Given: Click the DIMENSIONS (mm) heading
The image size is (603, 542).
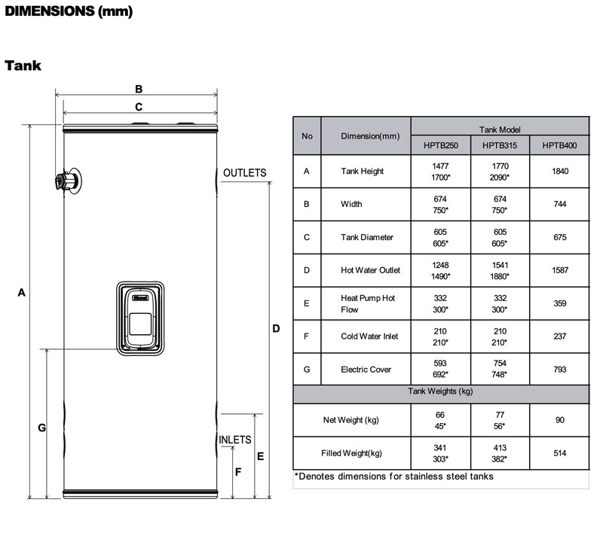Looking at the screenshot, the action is click(x=69, y=11).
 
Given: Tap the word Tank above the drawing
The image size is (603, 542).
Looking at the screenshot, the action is click(x=23, y=65).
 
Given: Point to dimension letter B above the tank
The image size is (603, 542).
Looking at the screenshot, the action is click(x=139, y=89).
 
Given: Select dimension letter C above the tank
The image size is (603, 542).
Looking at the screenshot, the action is click(x=139, y=107).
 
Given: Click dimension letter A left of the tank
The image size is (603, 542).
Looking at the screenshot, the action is click(x=22, y=293).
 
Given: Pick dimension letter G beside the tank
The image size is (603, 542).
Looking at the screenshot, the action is click(x=42, y=428).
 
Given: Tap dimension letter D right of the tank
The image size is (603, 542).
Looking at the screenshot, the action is click(x=276, y=328).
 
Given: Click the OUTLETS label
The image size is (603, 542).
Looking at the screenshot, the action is click(x=244, y=173).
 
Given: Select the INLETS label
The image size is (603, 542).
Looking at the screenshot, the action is click(x=234, y=440).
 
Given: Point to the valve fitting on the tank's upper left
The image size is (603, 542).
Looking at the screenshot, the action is click(x=68, y=181).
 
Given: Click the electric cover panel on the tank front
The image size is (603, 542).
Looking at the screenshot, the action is click(x=140, y=318).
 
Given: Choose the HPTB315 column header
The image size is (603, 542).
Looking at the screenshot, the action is click(x=500, y=145).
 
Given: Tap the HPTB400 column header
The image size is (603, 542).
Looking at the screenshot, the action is click(x=559, y=145).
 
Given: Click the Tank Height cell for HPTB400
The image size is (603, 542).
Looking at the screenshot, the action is click(x=560, y=172).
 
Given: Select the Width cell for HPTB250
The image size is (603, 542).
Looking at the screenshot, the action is click(x=440, y=204).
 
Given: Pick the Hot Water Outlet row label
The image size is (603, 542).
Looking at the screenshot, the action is click(x=370, y=270).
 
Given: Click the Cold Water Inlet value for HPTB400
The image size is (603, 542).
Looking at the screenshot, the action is click(x=560, y=336).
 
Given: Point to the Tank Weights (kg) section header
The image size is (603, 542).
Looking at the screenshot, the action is click(x=440, y=391).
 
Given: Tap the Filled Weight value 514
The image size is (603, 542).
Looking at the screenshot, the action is click(x=560, y=453).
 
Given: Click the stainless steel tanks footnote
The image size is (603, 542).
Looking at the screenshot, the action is click(x=393, y=477).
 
